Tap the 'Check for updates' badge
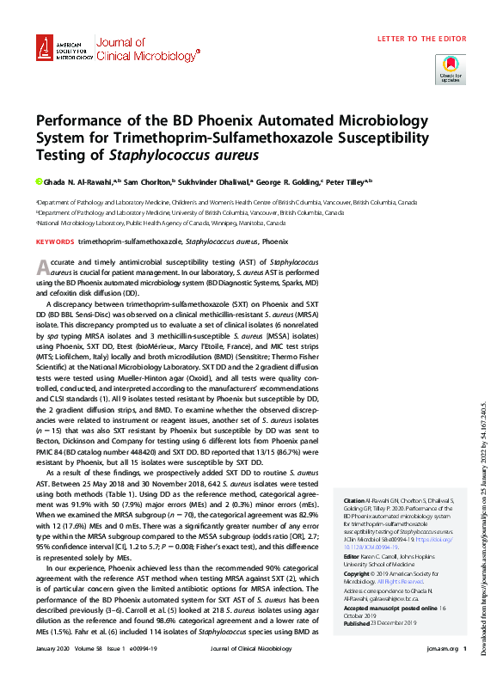(x=451, y=67)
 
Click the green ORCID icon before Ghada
(x=39, y=182)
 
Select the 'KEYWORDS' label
(x=55, y=242)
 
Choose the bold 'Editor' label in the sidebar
(x=353, y=556)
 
